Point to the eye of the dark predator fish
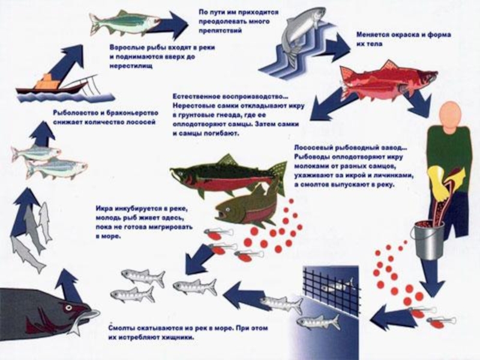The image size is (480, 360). click(68, 307)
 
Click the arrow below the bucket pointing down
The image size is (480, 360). click(431, 278)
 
